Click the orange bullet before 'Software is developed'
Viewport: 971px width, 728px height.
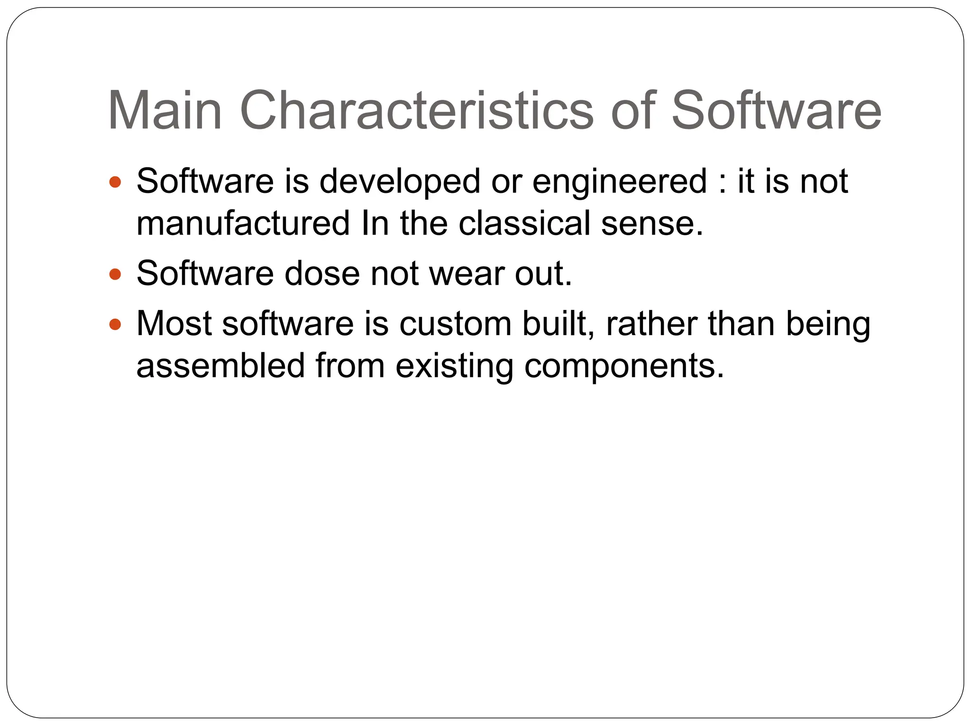tap(115, 182)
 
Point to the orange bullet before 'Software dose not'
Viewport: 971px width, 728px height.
tap(115, 274)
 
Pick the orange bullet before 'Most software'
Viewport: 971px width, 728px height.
tap(115, 324)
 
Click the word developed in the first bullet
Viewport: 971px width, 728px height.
tap(400, 182)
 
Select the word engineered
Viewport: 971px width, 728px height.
tap(619, 182)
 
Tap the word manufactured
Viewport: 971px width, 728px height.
tap(243, 223)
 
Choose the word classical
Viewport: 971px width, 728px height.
tap(524, 223)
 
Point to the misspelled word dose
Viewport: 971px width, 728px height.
tap(322, 274)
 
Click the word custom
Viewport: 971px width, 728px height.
tap(455, 324)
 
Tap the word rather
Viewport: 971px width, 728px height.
tap(651, 324)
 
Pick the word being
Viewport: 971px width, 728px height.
tap(828, 324)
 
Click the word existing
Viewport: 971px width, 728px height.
tap(454, 366)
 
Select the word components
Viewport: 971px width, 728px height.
tap(624, 366)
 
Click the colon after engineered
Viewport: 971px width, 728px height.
tap(722, 182)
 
